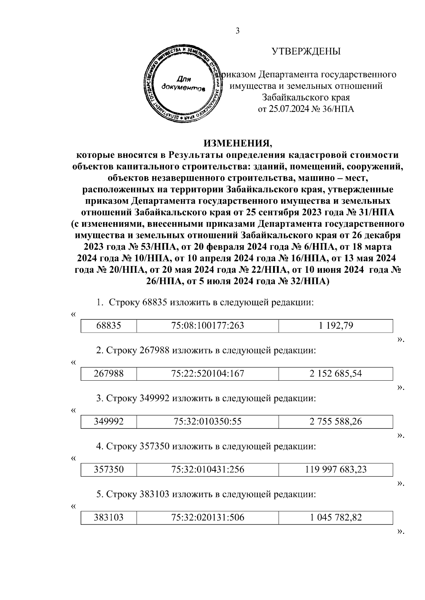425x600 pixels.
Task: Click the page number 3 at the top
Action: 238,31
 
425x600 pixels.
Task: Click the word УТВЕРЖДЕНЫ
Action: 306,52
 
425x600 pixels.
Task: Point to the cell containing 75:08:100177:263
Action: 208,325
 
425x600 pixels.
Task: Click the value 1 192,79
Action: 336,325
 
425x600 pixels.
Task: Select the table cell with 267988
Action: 109,374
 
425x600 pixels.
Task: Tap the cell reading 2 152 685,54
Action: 336,374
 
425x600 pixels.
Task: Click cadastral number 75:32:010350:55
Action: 208,422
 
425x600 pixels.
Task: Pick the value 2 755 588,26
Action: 336,422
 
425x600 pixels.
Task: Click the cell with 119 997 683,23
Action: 336,470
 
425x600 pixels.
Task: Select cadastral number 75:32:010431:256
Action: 208,470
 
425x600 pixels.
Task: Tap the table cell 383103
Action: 109,518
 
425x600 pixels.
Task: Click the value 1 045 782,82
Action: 336,518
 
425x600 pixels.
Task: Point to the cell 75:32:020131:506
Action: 208,518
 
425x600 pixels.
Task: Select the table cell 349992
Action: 109,422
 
